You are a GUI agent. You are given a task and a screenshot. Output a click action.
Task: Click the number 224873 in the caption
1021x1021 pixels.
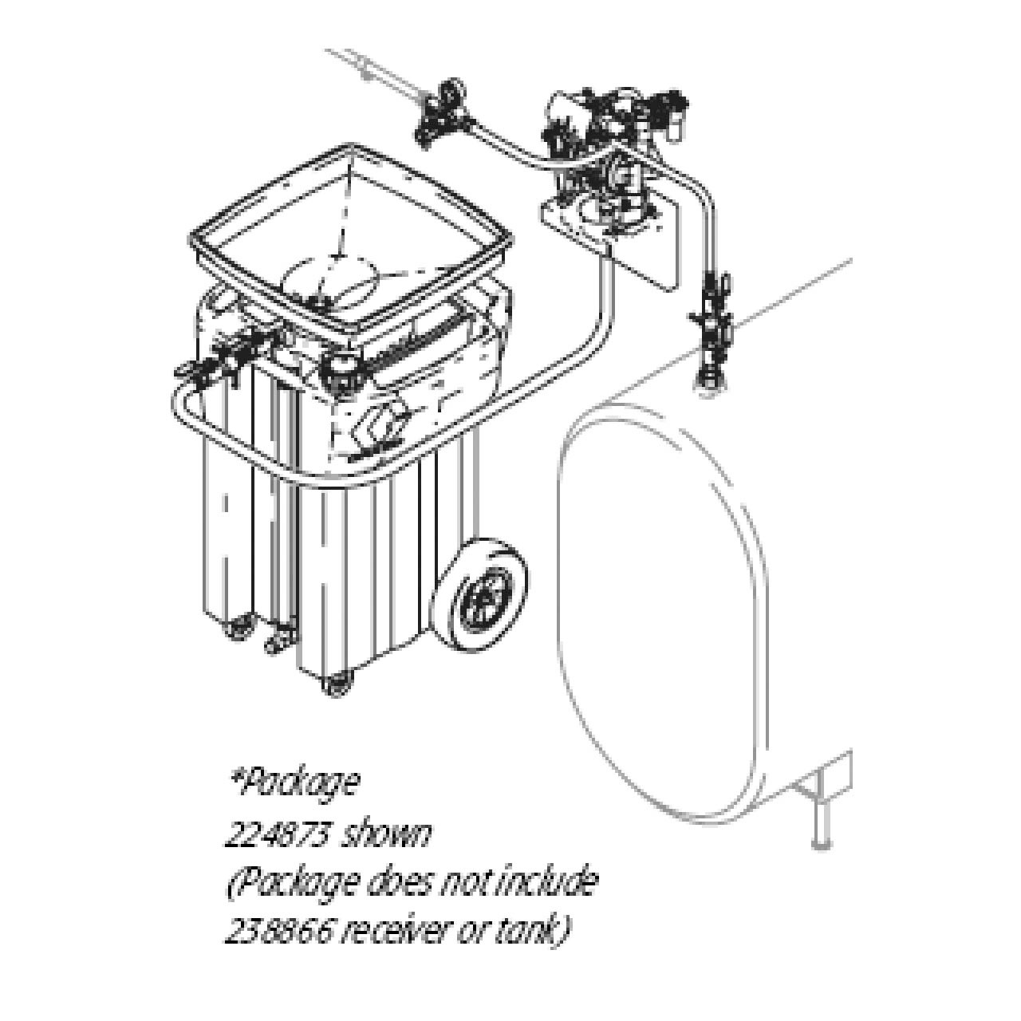pyautogui.click(x=276, y=835)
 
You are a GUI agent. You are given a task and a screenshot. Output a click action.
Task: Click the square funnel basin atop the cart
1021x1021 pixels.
pyautogui.click(x=351, y=239)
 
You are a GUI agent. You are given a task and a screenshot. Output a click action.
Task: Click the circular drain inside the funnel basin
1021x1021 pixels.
pyautogui.click(x=335, y=283)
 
